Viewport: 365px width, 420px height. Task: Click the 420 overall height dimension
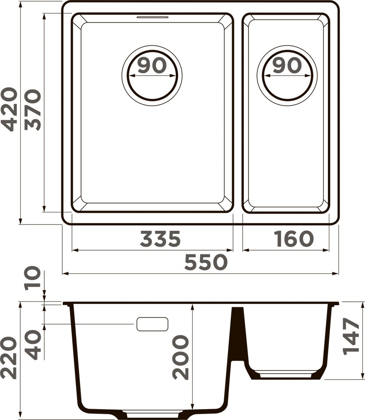pyautogui.click(x=9, y=109)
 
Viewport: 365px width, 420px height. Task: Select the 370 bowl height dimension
pyautogui.click(x=32, y=110)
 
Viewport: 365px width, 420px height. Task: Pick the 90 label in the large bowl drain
pyautogui.click(x=152, y=65)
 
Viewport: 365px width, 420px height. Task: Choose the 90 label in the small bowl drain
pyautogui.click(x=287, y=65)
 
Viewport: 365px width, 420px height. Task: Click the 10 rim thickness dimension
pyautogui.click(x=32, y=278)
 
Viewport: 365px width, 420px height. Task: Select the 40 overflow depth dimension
pyautogui.click(x=34, y=344)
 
